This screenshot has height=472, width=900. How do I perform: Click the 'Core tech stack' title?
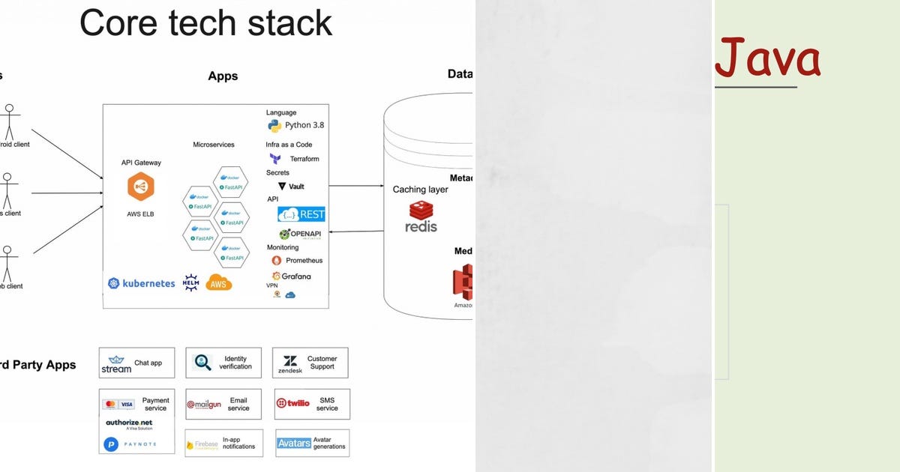point(205,22)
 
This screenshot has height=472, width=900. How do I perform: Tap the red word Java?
point(767,60)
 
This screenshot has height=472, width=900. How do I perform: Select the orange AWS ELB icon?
point(141,187)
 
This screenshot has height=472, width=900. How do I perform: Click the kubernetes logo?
point(142,283)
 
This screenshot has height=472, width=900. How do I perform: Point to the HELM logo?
point(191,282)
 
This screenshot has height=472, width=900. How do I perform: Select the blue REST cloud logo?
point(301,214)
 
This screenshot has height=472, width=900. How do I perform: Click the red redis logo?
point(421,217)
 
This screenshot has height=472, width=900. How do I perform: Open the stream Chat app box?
point(136,363)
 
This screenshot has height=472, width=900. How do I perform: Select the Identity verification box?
point(223,363)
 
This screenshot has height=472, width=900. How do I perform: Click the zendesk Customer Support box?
point(310,363)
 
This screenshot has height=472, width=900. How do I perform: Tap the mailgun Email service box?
point(223,404)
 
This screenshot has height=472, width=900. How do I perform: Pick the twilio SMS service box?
point(311,404)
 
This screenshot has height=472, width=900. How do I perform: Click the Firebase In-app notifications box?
point(223,444)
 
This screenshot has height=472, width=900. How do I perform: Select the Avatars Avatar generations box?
point(311,444)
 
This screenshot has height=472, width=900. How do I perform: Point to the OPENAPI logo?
point(301,234)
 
